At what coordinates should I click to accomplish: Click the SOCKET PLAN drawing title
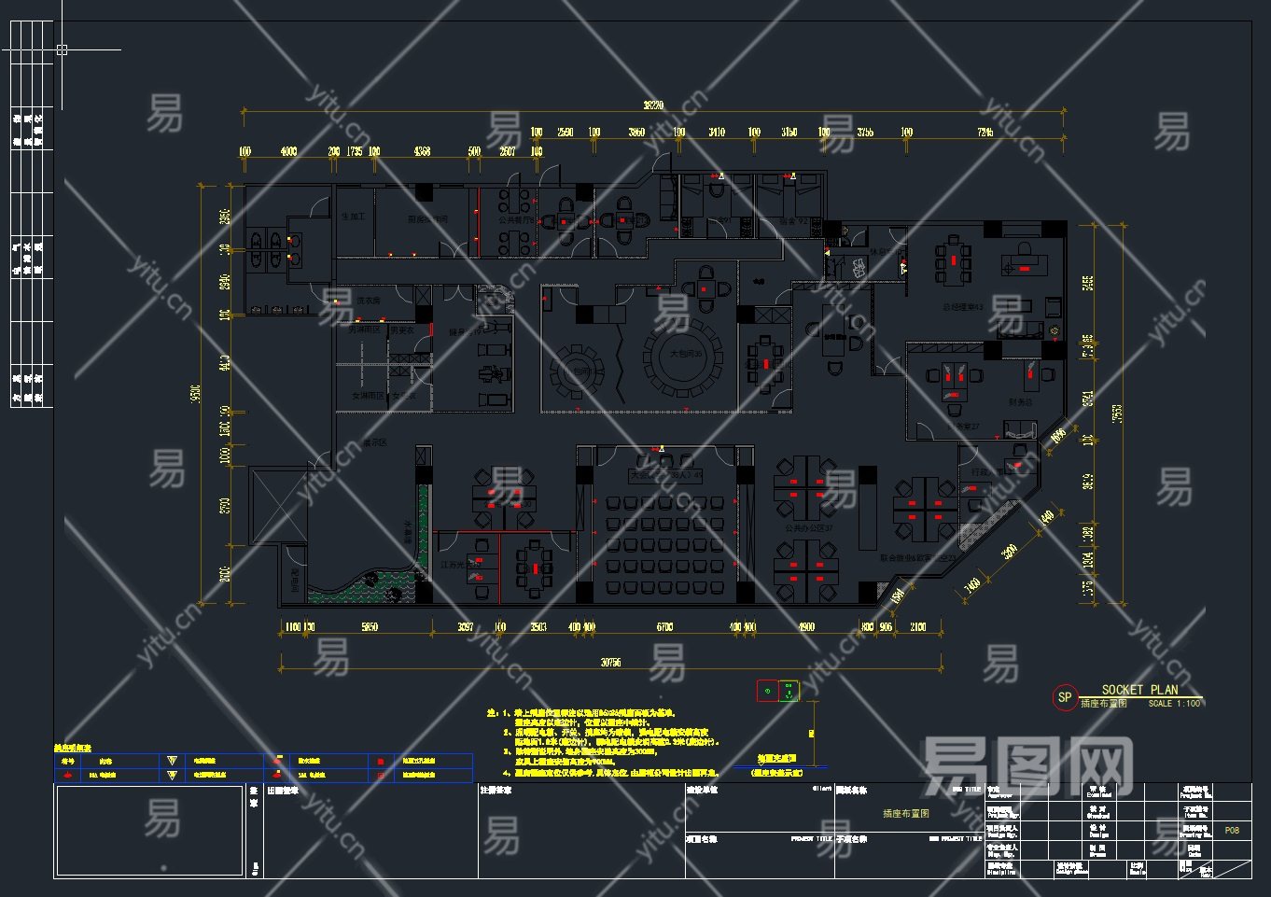coord(1139,690)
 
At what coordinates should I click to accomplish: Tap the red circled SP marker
coord(1064,697)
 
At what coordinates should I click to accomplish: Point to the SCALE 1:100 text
coord(1174,704)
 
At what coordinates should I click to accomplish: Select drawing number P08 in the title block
coord(1232,830)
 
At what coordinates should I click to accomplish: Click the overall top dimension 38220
coord(653,105)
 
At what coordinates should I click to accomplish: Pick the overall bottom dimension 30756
coord(610,663)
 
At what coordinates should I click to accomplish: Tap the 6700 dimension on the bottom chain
coord(664,627)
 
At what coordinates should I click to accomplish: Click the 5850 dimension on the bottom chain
coord(370,627)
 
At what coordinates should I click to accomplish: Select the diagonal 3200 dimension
coord(1010,552)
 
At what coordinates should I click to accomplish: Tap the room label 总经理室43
coord(962,306)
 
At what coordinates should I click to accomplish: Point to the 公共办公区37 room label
coord(808,528)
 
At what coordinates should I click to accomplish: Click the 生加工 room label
coord(354,217)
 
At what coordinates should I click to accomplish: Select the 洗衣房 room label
coord(368,301)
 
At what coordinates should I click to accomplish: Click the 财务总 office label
coord(1021,402)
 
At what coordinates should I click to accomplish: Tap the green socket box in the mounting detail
coord(789,691)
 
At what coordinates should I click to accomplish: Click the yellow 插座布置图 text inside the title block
coord(905,814)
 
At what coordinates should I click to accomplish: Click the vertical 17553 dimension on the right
coord(1118,411)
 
